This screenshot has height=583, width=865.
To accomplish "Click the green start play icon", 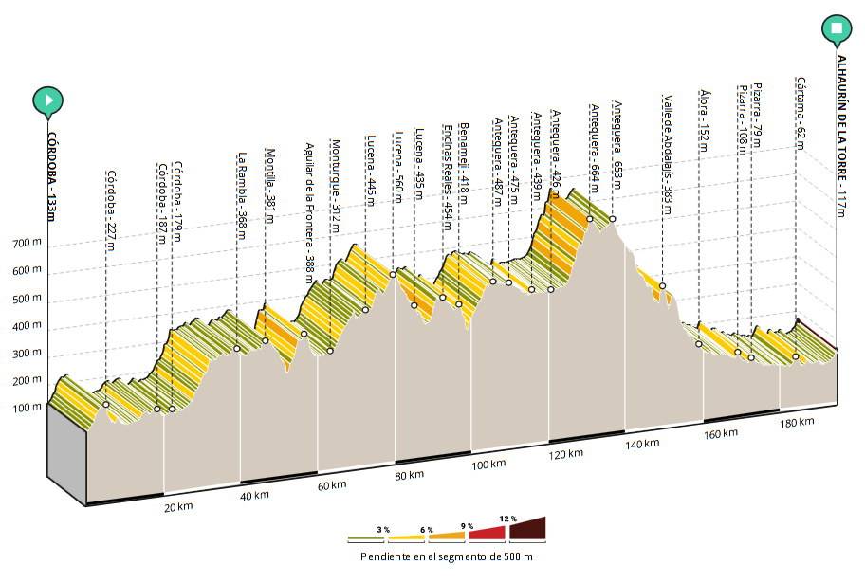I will [47, 100].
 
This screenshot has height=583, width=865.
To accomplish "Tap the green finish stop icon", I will [837, 28].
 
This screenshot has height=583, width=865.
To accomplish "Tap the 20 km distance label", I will [178, 507].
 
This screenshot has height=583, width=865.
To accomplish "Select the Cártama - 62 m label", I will [801, 113].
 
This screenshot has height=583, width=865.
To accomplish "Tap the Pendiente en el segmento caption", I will [446, 557].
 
